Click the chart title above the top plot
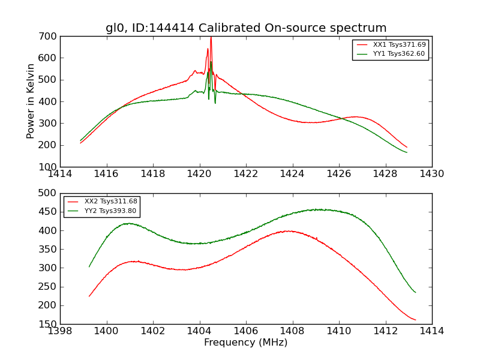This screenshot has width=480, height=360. tap(246, 28)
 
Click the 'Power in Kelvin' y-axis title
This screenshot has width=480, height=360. tap(31, 101)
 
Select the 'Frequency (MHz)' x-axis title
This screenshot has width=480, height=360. tap(246, 343)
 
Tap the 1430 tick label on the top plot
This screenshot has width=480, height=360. tap(431, 173)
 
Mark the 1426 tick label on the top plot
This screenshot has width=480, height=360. tap(339, 173)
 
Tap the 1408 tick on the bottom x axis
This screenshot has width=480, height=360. tap(292, 331)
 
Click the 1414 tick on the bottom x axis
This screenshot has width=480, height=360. tap(431, 331)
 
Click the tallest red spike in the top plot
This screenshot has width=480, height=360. tap(211, 38)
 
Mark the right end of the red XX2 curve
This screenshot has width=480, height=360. tap(415, 320)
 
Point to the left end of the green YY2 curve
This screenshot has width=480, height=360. tap(89, 266)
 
